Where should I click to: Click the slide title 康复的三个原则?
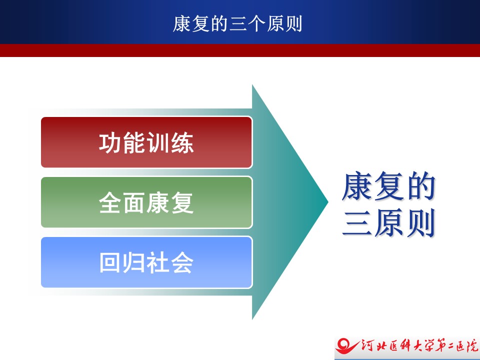click(x=237, y=24)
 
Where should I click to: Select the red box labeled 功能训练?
click(x=146, y=142)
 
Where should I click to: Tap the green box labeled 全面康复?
click(x=146, y=202)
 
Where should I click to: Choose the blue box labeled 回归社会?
click(x=146, y=262)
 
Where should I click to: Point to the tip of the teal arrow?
click(x=328, y=201)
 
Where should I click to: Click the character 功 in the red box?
click(x=110, y=142)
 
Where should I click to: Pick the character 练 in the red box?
click(x=182, y=142)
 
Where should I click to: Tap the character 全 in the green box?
click(x=110, y=202)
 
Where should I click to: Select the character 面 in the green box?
click(x=134, y=202)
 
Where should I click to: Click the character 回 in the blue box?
click(x=109, y=262)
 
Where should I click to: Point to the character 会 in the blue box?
click(x=182, y=262)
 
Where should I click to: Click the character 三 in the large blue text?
click(x=357, y=222)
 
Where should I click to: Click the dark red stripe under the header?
click(x=240, y=50)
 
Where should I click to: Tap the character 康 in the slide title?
click(x=182, y=24)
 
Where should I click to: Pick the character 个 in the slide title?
click(x=256, y=24)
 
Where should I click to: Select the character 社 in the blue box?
click(x=158, y=262)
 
